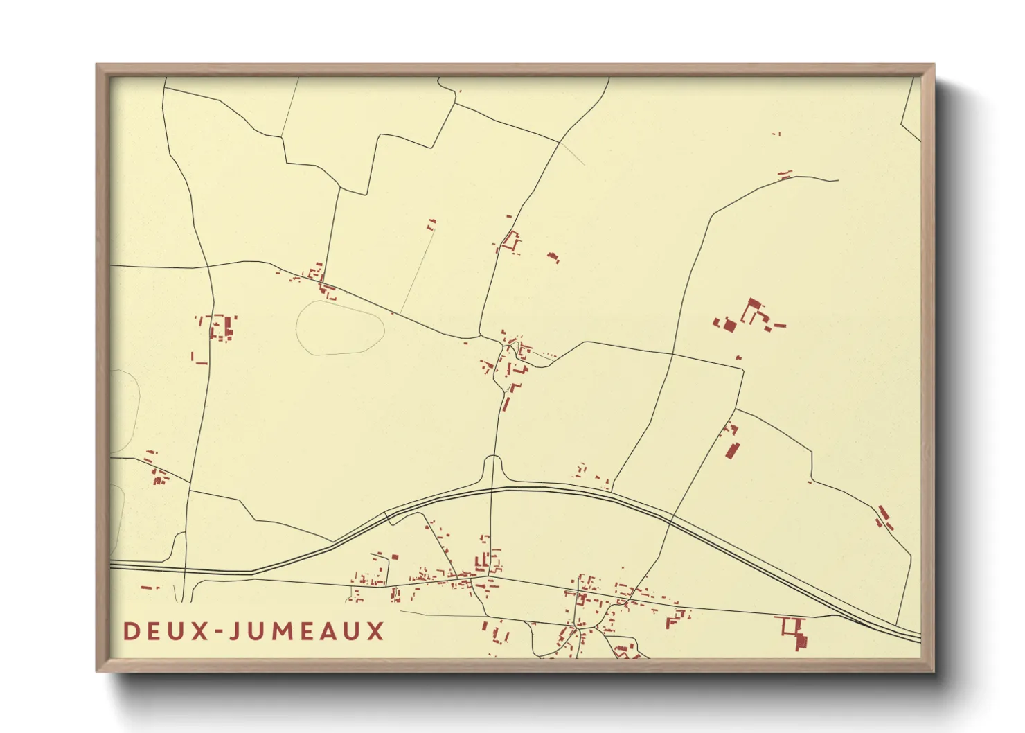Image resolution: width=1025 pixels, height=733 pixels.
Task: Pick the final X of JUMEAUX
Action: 375,631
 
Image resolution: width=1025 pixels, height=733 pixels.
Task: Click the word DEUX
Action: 166,631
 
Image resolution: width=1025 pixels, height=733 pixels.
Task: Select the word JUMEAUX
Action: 306,631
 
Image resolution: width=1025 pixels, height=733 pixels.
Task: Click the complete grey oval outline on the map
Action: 340,328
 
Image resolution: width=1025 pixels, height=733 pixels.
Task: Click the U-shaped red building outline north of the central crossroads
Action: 512,242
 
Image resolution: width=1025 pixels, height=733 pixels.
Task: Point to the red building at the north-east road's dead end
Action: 785,175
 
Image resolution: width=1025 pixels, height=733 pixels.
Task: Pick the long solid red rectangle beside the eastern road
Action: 732,449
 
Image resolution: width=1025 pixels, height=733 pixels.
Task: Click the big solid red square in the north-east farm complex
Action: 729,325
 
